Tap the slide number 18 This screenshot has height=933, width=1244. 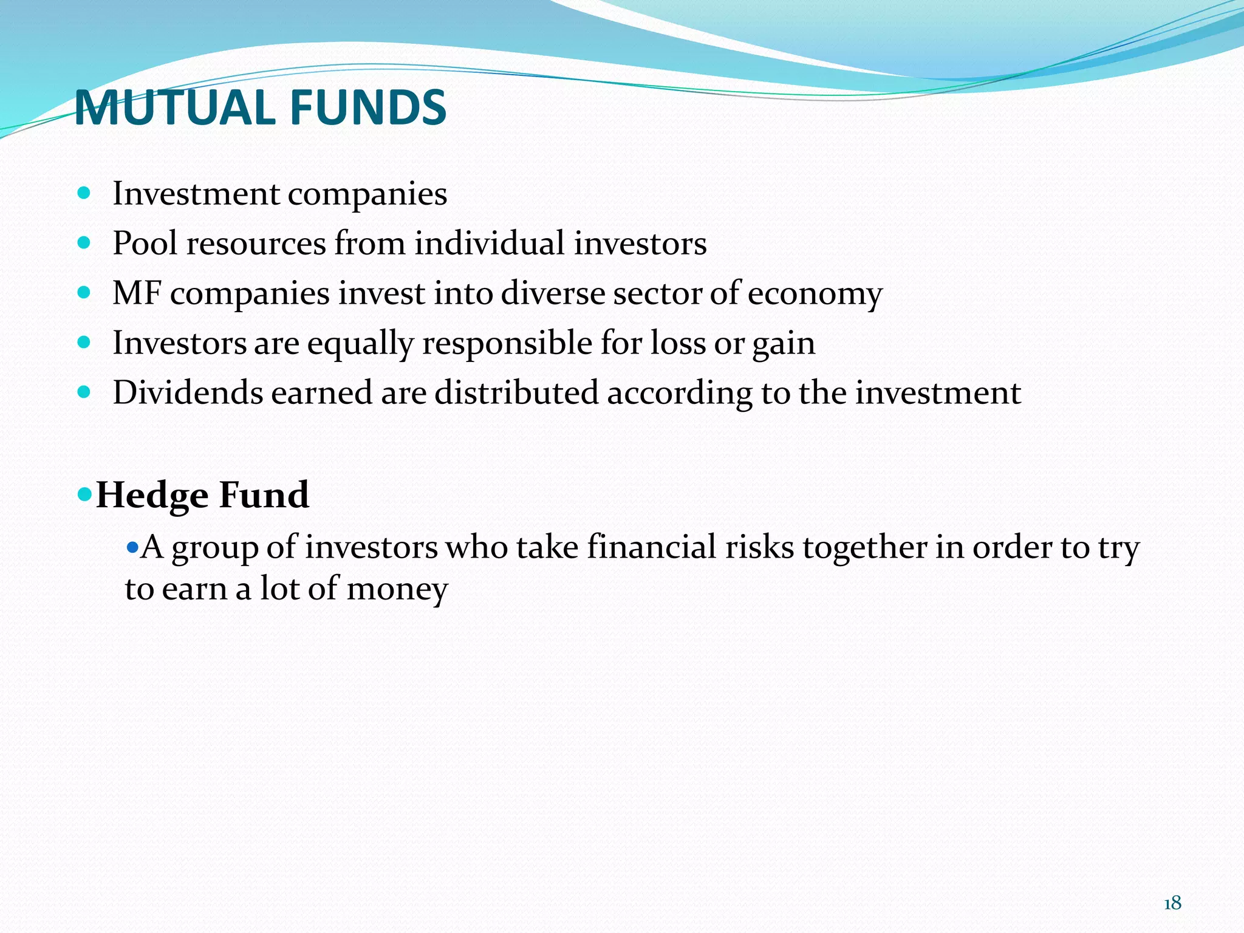[x=1172, y=903]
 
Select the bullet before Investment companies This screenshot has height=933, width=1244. [x=84, y=194]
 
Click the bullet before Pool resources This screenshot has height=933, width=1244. [x=84, y=244]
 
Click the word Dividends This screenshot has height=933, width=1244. [x=188, y=392]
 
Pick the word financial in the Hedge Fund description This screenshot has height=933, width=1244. [x=652, y=547]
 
